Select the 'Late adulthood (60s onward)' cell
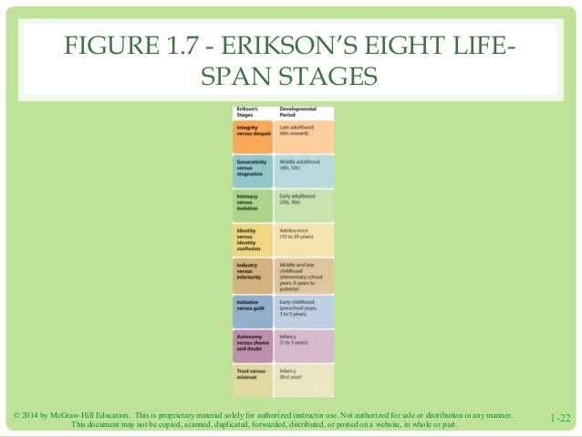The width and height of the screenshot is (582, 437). [x=305, y=136]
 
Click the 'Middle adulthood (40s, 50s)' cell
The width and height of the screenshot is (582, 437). [x=305, y=171]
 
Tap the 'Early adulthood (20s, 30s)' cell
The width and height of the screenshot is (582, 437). [x=305, y=206]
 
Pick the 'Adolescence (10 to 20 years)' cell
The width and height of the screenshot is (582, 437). [x=305, y=240]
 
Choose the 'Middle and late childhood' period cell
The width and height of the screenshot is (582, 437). [x=305, y=275]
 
